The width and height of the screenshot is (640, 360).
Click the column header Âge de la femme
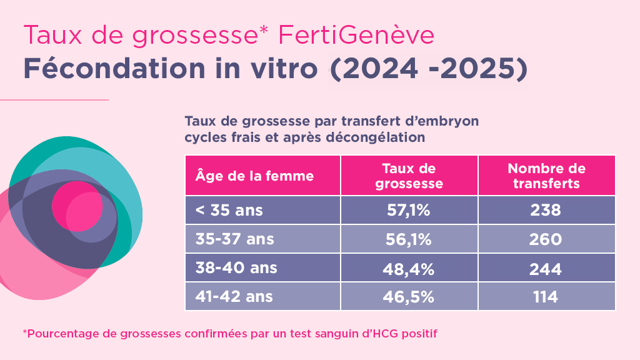[255, 176]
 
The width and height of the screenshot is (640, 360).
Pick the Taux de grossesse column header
[409, 176]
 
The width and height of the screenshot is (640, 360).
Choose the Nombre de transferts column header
[546, 176]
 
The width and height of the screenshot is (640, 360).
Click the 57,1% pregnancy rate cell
[409, 211]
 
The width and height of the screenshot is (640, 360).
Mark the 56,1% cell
[409, 239]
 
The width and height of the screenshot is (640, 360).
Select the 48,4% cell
[409, 268]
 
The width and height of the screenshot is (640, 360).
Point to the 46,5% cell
[409, 296]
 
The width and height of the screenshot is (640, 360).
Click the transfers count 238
[546, 211]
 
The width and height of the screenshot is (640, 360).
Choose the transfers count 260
[546, 239]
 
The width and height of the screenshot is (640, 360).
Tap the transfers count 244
[546, 268]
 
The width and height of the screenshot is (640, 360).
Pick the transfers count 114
[546, 296]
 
